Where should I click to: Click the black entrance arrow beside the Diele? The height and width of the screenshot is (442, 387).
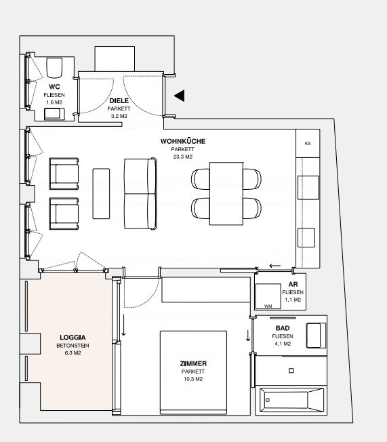[180, 96]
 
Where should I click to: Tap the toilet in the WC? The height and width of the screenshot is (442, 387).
[54, 68]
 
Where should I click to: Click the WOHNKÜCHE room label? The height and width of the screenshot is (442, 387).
[183, 141]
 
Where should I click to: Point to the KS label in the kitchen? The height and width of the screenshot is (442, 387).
[308, 144]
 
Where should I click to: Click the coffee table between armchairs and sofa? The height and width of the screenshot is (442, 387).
[101, 194]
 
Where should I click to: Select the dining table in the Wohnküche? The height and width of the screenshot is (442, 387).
[226, 194]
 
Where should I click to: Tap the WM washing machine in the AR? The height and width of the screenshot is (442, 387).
[268, 296]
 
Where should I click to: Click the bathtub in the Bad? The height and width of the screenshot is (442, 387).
[291, 400]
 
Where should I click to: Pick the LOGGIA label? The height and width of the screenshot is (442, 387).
[73, 338]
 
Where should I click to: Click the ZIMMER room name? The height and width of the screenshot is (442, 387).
[193, 363]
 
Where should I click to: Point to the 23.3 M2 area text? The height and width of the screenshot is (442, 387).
[183, 157]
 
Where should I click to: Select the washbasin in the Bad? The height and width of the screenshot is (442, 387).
[316, 336]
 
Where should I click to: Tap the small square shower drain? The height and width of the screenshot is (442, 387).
[291, 371]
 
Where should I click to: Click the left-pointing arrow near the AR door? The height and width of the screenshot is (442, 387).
[274, 266]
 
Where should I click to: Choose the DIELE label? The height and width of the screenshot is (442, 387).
[119, 100]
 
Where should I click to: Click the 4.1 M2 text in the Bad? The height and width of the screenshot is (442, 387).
[283, 344]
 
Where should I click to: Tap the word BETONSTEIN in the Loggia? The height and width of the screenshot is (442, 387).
[73, 346]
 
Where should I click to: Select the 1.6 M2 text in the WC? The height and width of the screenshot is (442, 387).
[54, 102]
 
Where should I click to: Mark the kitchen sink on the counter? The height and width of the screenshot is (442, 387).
[308, 188]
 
